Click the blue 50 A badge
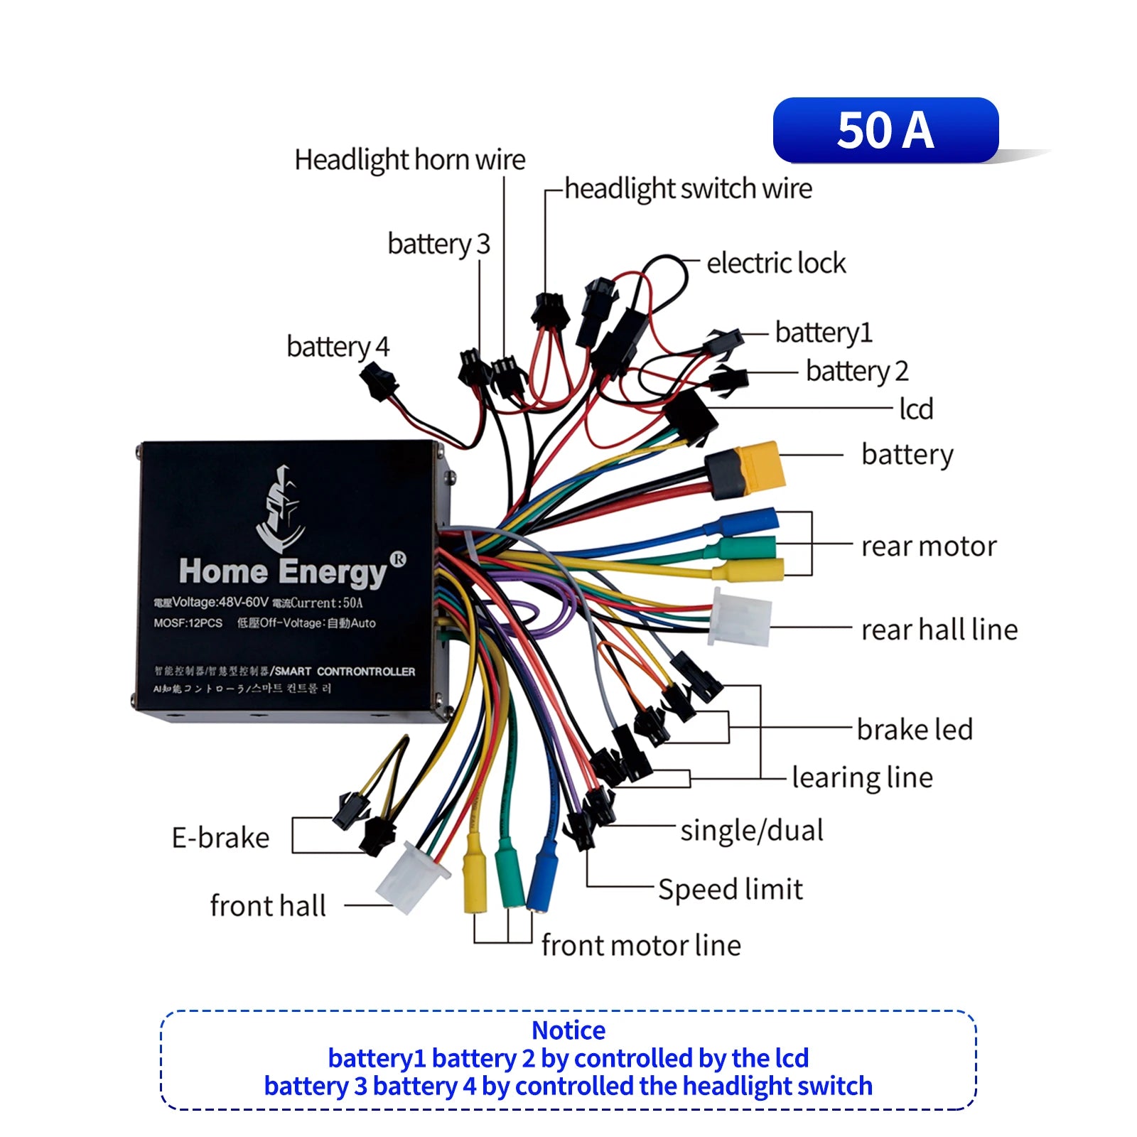pyautogui.click(x=885, y=131)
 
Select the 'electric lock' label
pyautogui.click(x=776, y=264)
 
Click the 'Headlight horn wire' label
pyautogui.click(x=410, y=160)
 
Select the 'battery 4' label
pyautogui.click(x=338, y=347)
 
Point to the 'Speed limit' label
pyautogui.click(x=730, y=890)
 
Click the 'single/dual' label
pyautogui.click(x=752, y=831)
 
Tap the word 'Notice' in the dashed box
pyautogui.click(x=568, y=1030)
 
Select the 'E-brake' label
pyautogui.click(x=220, y=838)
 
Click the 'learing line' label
pyautogui.click(x=861, y=778)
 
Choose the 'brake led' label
pyautogui.click(x=915, y=730)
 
